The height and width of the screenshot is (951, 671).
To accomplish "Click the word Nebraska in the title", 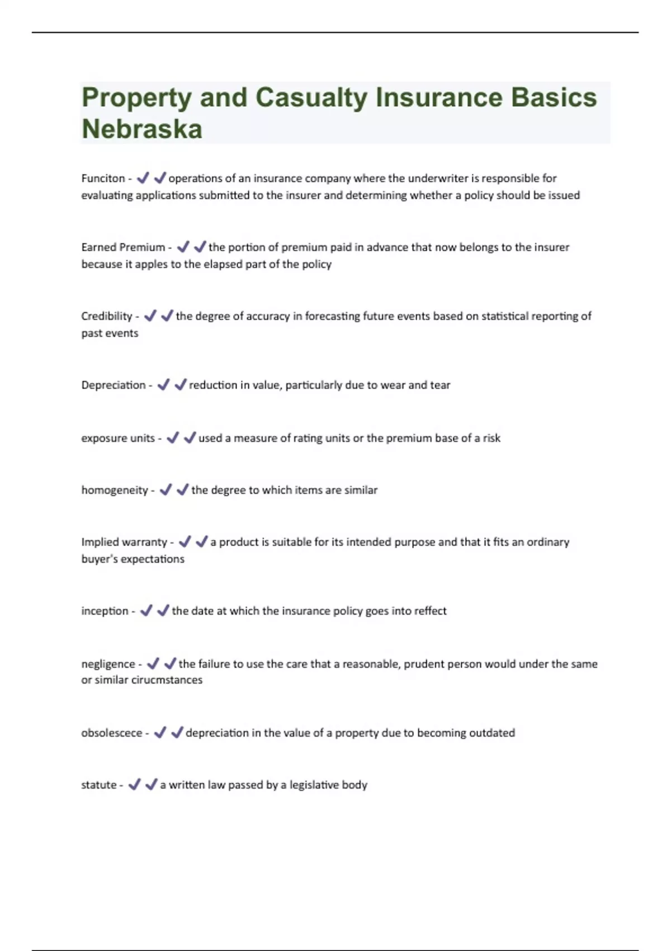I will pyautogui.click(x=142, y=129).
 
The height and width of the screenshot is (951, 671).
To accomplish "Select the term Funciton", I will pyautogui.click(x=103, y=178).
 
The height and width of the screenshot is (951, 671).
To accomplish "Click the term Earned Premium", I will pyautogui.click(x=123, y=247).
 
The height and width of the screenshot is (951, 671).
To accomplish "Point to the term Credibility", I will pyautogui.click(x=106, y=316).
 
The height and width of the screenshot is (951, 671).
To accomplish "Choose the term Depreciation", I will pyautogui.click(x=113, y=385).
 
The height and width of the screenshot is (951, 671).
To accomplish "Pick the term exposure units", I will pyautogui.click(x=117, y=438).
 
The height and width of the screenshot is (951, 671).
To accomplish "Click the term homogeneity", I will pyautogui.click(x=114, y=490).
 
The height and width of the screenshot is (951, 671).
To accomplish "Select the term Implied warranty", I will pyautogui.click(x=124, y=542).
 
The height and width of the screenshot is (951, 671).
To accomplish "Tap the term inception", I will pyautogui.click(x=105, y=611).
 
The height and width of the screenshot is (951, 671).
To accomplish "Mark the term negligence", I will pyautogui.click(x=108, y=664).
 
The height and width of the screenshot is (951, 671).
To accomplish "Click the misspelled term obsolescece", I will pyautogui.click(x=111, y=733).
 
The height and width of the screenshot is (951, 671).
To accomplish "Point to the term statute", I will pyautogui.click(x=98, y=785).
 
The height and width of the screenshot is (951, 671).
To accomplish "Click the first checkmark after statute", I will pyautogui.click(x=134, y=785).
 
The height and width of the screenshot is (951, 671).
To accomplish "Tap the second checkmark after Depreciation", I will pyautogui.click(x=180, y=385).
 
